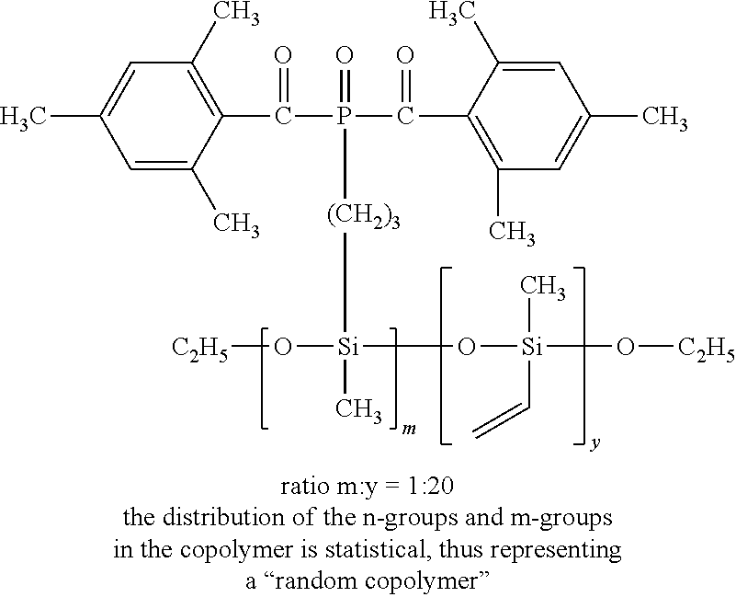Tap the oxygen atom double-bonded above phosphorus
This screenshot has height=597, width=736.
click(345, 57)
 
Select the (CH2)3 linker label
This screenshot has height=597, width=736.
click(365, 219)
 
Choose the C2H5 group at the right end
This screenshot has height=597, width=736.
click(706, 350)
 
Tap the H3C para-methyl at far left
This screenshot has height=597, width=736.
click(23, 118)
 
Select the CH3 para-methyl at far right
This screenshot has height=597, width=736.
click(664, 118)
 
